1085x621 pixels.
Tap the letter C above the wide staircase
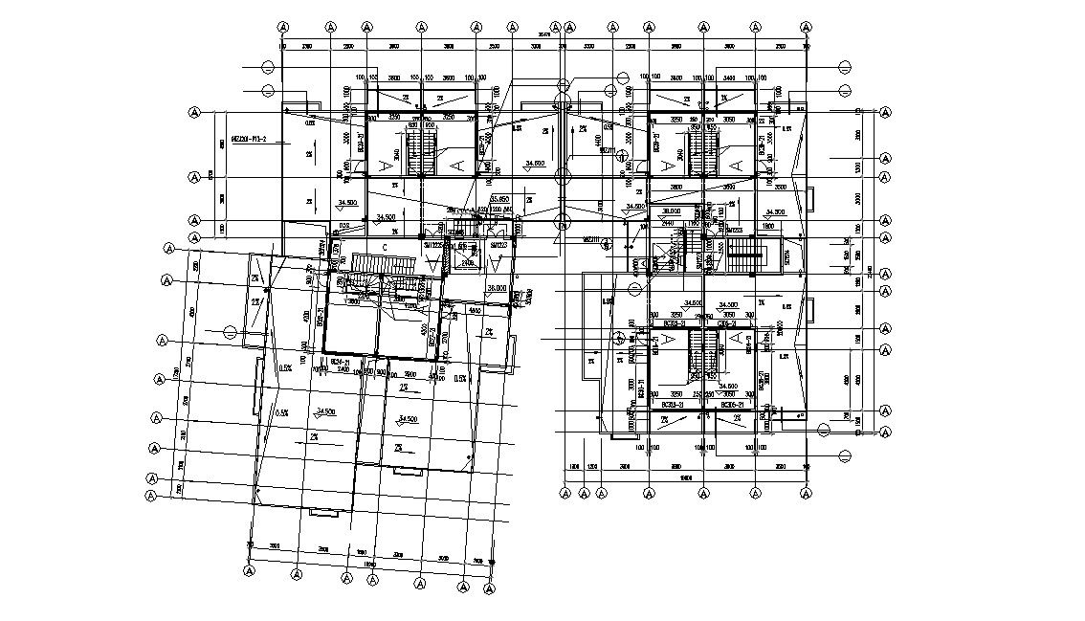tap(384, 247)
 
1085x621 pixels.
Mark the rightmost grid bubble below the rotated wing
tap(492, 585)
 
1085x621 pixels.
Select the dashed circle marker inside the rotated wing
tap(230, 332)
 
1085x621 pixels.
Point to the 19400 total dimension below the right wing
tap(685, 477)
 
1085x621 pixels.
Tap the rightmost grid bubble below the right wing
tap(807, 493)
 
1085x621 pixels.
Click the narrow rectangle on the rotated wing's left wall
tap(255, 388)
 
